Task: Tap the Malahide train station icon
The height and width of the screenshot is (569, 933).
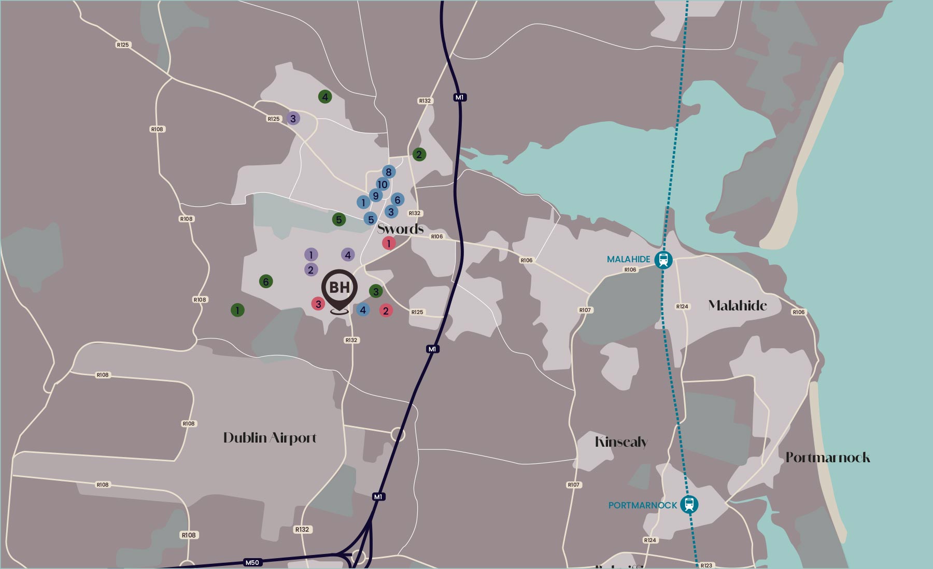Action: point(663,259)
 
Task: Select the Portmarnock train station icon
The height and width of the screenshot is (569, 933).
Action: point(689,504)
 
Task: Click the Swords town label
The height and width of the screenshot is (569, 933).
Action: point(400,229)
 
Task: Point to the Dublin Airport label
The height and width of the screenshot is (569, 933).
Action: point(270,438)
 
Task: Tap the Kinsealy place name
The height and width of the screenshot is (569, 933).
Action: point(621,442)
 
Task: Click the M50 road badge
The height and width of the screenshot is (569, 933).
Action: point(252,562)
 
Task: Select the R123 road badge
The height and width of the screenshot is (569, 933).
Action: point(706,565)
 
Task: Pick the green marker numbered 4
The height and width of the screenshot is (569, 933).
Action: point(325,97)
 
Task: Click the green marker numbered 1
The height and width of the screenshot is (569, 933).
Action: point(237,310)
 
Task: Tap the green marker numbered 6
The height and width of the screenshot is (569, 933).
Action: point(266,281)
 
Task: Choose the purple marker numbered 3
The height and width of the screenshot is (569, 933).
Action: point(293,119)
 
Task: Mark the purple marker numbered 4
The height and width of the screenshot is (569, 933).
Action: point(348,254)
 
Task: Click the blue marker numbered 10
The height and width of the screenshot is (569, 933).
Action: point(383,184)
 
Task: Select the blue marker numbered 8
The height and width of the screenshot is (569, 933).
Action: point(388,172)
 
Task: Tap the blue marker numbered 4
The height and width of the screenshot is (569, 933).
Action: point(363,310)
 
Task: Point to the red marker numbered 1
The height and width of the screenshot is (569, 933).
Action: point(389,243)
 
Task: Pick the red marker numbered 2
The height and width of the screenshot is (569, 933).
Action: point(386,311)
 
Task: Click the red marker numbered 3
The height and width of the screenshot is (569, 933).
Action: point(318,304)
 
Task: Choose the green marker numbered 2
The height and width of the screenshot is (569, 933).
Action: point(419,154)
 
